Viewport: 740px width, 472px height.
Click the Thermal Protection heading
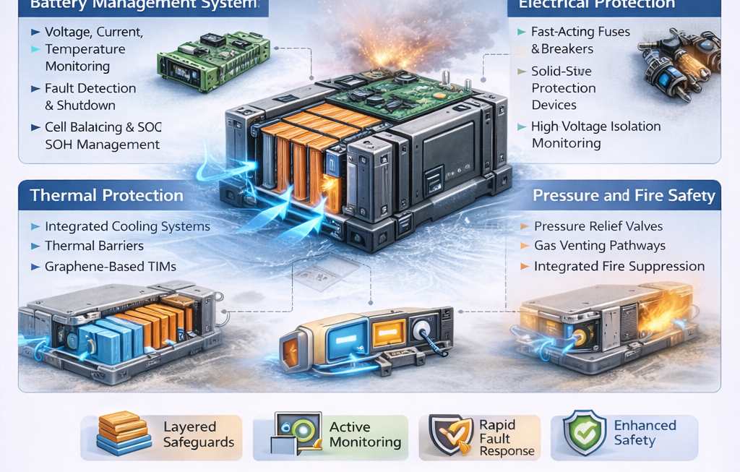106,195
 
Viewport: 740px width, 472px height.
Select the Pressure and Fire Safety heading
624,195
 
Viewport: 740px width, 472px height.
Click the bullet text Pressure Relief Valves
598,226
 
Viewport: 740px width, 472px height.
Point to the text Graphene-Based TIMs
111,266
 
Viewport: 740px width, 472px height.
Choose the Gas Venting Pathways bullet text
600,246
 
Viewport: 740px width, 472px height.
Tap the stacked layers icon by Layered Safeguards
123,434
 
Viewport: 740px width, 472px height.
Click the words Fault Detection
90,88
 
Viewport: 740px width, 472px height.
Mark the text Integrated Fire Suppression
619,266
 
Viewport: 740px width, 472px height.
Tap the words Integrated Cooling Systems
127,226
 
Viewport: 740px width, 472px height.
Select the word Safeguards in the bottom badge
198,442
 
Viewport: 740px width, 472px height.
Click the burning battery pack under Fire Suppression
607,322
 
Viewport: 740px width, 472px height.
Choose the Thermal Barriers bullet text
94,246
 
